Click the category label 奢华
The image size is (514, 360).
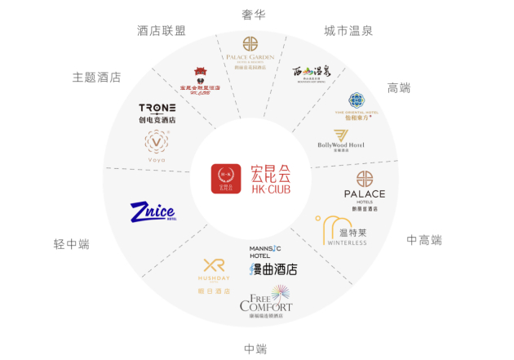click(x=254, y=14)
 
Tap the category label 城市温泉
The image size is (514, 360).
click(x=348, y=31)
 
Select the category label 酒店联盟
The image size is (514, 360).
click(x=161, y=31)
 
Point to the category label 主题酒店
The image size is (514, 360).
click(x=96, y=77)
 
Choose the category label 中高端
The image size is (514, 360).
click(x=423, y=240)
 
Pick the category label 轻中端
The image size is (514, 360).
click(x=71, y=244)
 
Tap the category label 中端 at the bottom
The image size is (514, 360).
click(x=255, y=349)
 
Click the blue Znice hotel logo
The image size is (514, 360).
click(x=153, y=212)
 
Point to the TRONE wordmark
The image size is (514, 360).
click(x=157, y=108)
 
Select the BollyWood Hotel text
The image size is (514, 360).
click(x=340, y=144)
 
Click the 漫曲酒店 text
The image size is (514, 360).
click(x=273, y=269)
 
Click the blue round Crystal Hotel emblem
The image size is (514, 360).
click(x=357, y=100)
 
